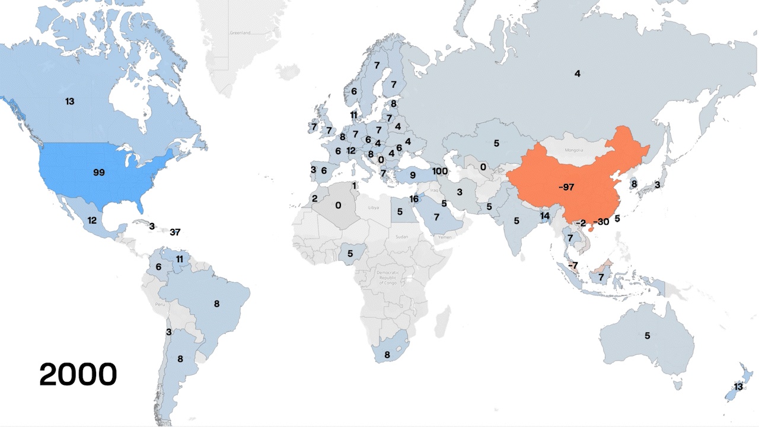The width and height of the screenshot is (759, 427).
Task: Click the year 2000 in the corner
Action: [x=78, y=375]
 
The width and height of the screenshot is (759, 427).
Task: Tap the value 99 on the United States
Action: [x=99, y=173]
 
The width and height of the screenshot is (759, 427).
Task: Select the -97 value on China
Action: [x=566, y=187]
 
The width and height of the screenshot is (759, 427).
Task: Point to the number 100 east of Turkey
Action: [x=440, y=171]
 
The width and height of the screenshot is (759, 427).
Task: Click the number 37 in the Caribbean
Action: [x=174, y=232]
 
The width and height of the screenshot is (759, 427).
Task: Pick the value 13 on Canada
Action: [x=70, y=101]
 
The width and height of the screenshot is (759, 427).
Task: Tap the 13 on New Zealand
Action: [x=738, y=387]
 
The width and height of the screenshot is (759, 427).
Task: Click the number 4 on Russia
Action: [x=577, y=74]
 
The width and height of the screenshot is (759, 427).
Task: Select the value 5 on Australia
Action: [x=648, y=336]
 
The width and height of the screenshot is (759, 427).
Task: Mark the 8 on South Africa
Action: [x=387, y=355]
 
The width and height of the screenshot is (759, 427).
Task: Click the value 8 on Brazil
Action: [x=216, y=304]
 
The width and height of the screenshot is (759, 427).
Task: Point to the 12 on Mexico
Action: [x=92, y=220]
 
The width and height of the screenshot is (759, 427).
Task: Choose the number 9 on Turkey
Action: [x=412, y=176]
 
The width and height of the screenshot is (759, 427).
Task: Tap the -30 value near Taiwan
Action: [x=601, y=222]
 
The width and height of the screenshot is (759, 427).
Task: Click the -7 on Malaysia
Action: [x=572, y=265]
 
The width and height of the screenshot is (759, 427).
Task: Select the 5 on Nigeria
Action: [x=350, y=254]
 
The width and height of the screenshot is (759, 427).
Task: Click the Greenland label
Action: [x=240, y=33]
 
